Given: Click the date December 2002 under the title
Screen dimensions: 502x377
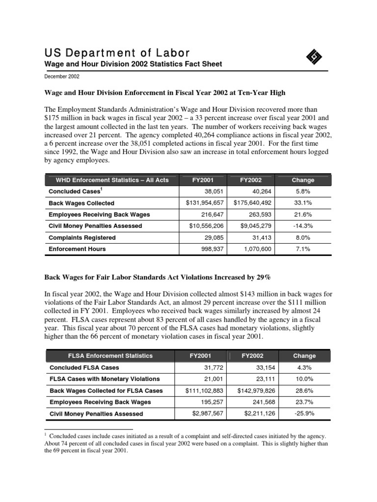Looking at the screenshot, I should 62,76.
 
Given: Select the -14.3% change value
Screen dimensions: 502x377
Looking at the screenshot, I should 303,226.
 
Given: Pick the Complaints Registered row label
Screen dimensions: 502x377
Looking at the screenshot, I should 82,238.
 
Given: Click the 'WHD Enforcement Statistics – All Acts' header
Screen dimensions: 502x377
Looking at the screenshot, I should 108,180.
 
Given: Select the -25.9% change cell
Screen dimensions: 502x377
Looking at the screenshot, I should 304,414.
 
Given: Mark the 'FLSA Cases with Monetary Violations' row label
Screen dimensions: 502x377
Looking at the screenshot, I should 105,379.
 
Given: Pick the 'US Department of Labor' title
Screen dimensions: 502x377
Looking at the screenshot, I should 117,53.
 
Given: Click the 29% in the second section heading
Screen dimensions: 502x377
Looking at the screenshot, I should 263,277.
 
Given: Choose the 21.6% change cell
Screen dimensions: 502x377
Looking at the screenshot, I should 303,215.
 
